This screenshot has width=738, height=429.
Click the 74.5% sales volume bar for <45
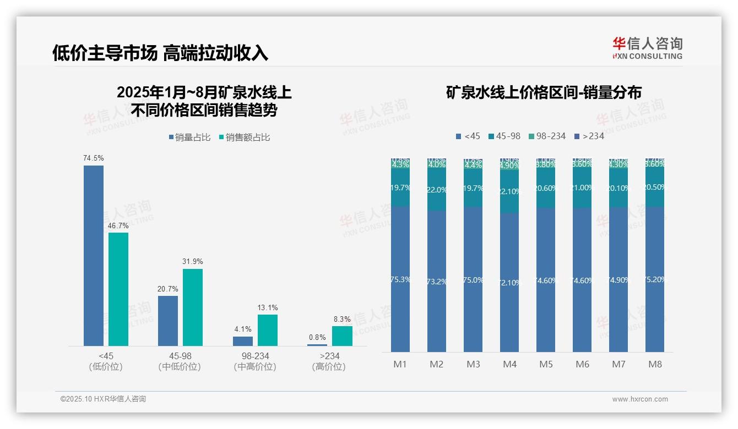click(94, 256)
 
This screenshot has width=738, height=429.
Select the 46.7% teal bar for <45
click(118, 289)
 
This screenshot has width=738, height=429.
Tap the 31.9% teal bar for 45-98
click(193, 307)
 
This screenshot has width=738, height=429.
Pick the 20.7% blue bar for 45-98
click(168, 321)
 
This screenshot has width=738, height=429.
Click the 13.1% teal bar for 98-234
click(268, 330)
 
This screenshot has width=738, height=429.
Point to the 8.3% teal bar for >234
click(342, 336)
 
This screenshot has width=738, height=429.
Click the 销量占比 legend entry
click(189, 137)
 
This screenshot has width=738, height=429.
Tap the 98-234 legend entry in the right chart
click(547, 136)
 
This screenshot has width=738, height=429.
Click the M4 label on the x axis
click(509, 364)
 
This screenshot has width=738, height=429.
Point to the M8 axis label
click(655, 364)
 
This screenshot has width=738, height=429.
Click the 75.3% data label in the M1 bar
click(400, 279)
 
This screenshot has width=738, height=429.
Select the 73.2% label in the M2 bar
click(437, 282)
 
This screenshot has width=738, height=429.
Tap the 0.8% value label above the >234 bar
click(317, 337)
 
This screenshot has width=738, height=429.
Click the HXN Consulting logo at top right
click(647, 48)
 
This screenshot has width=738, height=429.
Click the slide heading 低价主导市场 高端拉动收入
click(160, 53)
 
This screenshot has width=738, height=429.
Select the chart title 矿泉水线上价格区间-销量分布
click(544, 92)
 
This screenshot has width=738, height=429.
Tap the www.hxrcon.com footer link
click(640, 399)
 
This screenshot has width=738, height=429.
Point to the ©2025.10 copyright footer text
click(103, 399)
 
